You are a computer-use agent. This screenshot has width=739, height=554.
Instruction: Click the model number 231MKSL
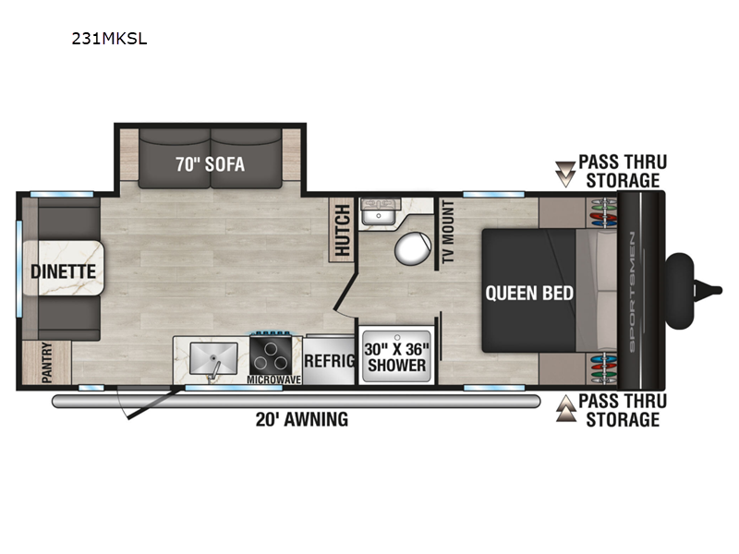pyautogui.click(x=109, y=39)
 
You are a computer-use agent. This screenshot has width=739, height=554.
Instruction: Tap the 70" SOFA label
pyautogui.click(x=211, y=164)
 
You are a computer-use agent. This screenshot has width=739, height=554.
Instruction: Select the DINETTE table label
pyautogui.click(x=63, y=271)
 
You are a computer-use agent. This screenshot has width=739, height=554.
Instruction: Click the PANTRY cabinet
pyautogui.click(x=47, y=362)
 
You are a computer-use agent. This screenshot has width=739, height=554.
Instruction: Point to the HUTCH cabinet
pyautogui.click(x=342, y=230)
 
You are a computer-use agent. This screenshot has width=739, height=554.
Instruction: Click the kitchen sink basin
pyautogui.click(x=213, y=358)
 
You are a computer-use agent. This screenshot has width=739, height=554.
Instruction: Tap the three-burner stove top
pyautogui.click(x=271, y=355)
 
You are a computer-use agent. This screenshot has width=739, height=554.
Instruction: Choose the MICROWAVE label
pyautogui.click(x=273, y=379)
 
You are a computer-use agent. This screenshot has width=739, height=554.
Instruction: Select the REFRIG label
pyautogui.click(x=330, y=361)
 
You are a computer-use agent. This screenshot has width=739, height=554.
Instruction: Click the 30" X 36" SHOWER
pyautogui.click(x=397, y=356)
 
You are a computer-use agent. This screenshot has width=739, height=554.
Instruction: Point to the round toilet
pyautogui.click(x=413, y=248)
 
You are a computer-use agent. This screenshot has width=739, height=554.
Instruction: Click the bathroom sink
pyautogui.click(x=379, y=215)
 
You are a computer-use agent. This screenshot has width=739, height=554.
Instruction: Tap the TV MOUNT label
pyautogui.click(x=448, y=232)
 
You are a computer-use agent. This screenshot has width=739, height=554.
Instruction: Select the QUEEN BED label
pyautogui.click(x=529, y=294)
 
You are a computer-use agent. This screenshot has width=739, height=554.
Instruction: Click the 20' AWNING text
pyautogui.click(x=302, y=419)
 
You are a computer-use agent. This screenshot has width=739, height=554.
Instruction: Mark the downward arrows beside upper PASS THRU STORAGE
pyautogui.click(x=565, y=175)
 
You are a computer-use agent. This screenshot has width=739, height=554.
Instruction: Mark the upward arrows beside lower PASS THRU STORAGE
pyautogui.click(x=565, y=408)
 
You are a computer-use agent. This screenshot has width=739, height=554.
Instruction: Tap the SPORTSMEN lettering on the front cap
pyautogui.click(x=632, y=292)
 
